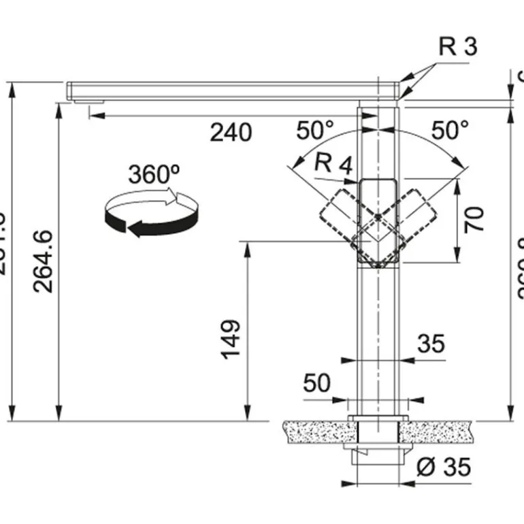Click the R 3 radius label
[x=458, y=47]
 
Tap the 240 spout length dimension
[x=230, y=132]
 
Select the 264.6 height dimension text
[x=44, y=261]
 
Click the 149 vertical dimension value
[x=231, y=339]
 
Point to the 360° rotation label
[x=154, y=174]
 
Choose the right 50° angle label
[x=448, y=129]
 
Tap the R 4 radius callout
[x=334, y=164]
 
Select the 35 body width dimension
[x=431, y=344]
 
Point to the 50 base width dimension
[x=316, y=383]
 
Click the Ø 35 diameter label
[x=442, y=467]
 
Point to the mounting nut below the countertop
[x=377, y=453]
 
